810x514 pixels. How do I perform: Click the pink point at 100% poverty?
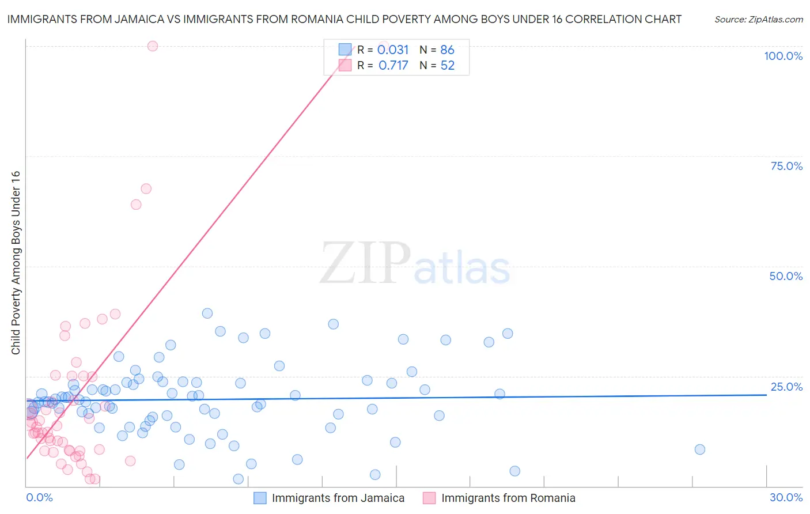coord(153,46)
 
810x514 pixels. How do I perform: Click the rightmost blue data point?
coord(699,449)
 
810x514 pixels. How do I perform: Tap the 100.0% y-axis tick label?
coord(783,56)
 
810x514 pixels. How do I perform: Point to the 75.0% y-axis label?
coord(786,166)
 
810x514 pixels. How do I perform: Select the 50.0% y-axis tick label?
coord(785,276)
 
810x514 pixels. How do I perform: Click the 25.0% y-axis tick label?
coord(786,387)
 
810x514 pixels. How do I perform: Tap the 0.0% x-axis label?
coord(39,497)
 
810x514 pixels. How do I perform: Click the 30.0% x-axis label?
coord(786,497)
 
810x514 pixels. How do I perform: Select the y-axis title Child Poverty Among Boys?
coord(16,263)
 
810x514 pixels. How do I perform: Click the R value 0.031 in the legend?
coord(393,50)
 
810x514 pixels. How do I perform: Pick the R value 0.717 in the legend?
coord(393,66)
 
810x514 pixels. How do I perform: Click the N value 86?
coord(447,50)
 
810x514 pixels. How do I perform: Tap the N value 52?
coord(447,66)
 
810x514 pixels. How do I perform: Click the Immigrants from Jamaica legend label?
coord(338,498)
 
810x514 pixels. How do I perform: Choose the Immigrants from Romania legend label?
coord(508,498)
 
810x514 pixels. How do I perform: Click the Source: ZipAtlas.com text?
coord(758,20)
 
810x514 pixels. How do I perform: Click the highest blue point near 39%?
coord(207,313)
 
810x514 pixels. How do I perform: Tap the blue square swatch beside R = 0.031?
coord(345,50)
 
